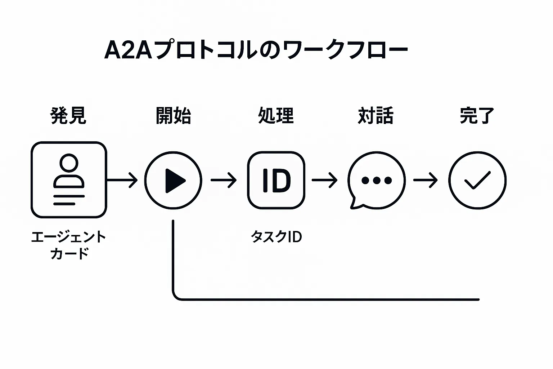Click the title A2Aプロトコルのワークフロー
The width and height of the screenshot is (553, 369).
[x=256, y=50]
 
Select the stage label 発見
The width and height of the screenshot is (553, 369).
[x=68, y=116]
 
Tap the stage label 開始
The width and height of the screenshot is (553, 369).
[x=173, y=116]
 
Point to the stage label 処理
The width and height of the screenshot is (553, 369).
[x=276, y=116]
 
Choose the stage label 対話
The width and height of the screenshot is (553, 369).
[x=376, y=116]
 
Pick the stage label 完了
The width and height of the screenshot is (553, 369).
[x=477, y=116]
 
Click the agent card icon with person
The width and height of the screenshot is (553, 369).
[x=69, y=180]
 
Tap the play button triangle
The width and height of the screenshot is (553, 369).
[x=174, y=180]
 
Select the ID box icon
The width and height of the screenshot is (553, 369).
[x=276, y=180]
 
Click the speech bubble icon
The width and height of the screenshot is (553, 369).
[x=376, y=180]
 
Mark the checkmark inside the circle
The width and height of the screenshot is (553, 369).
[x=477, y=180]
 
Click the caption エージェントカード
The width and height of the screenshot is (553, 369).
[x=69, y=245]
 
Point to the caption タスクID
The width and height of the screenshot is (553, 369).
[x=276, y=237]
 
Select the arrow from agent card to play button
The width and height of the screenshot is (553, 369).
[x=122, y=180]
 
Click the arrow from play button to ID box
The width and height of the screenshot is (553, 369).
[x=224, y=180]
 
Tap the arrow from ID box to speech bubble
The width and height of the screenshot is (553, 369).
[x=324, y=180]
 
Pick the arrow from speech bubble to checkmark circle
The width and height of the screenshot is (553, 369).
[x=425, y=180]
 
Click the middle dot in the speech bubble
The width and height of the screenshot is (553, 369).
[x=377, y=180]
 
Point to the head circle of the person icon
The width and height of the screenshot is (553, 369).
[x=69, y=163]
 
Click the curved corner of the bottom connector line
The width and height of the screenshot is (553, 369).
[x=176, y=296]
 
